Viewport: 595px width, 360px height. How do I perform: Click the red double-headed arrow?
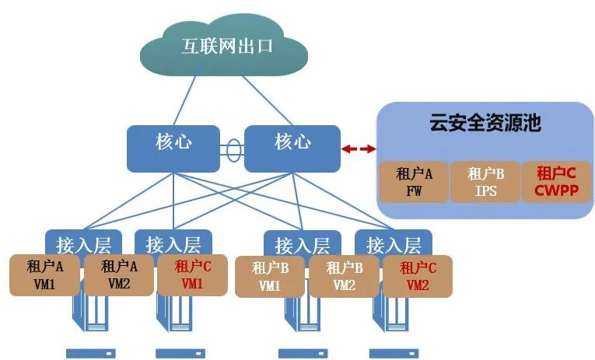click(x=359, y=148)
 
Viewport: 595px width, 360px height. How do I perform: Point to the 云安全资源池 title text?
click(x=485, y=122)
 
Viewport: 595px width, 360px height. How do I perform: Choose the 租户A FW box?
click(x=413, y=182)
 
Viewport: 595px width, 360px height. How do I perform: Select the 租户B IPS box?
click(x=485, y=182)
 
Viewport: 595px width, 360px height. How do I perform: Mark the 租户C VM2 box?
click(x=418, y=276)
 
